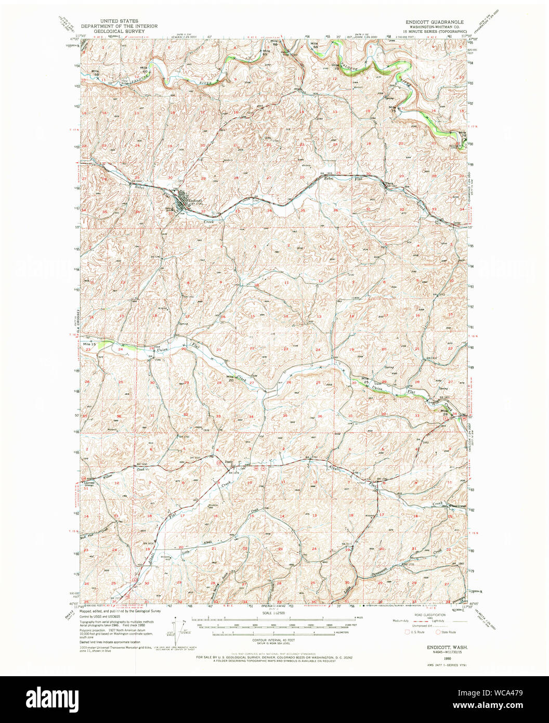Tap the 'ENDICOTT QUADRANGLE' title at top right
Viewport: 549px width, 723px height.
pos(435,22)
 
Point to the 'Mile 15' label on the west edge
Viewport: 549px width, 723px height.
pos(89,344)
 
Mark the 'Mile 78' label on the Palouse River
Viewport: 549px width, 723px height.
pos(462,134)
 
